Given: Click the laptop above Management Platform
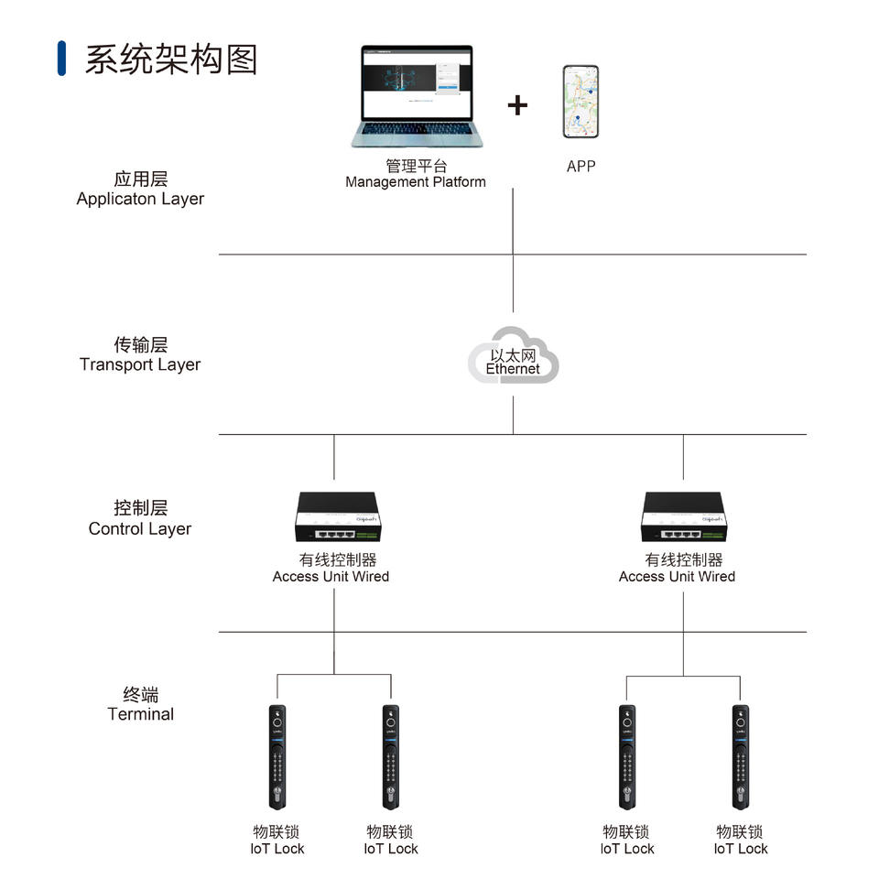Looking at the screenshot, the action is pos(417,96).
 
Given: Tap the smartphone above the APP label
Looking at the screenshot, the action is pos(581,102).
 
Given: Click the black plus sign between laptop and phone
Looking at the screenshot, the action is pos(517,105).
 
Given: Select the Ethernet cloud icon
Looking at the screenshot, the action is pos(513,355).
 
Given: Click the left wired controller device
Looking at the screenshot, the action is pos(338,516).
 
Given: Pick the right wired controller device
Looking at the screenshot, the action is pos(684,516).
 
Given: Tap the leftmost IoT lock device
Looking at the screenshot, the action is pos(277,757).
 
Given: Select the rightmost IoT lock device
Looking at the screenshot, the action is pos(741,757).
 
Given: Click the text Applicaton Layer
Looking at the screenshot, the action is pos(140,199).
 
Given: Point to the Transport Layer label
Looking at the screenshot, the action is pos(140,364).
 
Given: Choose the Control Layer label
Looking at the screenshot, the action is pos(140,528).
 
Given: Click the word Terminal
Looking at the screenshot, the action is pos(141,713).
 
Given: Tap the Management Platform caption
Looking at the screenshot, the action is pos(416,181).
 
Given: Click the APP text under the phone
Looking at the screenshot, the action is pos(581,167).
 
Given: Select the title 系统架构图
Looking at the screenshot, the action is pos(171,60).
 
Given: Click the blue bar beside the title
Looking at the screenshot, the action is pos(61,59).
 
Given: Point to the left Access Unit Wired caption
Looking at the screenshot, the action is pos(331,576).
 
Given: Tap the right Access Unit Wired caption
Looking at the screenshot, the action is pos(677,576).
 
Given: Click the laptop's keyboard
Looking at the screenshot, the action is pos(416,128).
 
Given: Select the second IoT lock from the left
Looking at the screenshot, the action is pos(391,757).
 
